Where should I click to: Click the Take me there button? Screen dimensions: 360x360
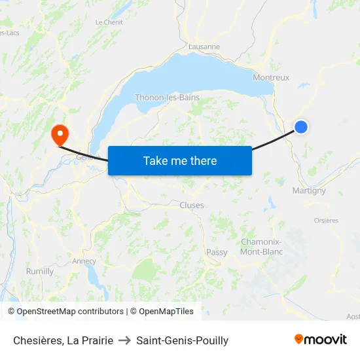[180, 160]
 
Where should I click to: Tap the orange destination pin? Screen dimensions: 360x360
[60, 135]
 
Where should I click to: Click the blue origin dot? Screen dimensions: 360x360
[300, 127]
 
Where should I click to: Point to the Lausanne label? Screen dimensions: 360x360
[204, 47]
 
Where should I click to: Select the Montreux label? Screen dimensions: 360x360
[271, 77]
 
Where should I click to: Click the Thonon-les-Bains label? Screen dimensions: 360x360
[167, 98]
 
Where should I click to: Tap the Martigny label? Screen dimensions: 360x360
[309, 190]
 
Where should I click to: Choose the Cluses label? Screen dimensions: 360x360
[192, 205]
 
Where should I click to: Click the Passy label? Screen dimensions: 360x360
[217, 252]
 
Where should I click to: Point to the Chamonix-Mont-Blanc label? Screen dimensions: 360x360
[261, 247]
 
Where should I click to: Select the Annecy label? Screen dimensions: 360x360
[84, 261]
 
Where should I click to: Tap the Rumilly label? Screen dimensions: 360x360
[40, 271]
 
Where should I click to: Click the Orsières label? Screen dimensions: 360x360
[326, 221]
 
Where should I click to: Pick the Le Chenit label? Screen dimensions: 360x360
[109, 22]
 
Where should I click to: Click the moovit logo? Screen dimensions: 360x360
[321, 339]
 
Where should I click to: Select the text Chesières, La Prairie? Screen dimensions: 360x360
[63, 340]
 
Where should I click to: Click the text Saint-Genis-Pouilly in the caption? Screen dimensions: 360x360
[183, 340]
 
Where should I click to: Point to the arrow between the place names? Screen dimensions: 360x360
[124, 340]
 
